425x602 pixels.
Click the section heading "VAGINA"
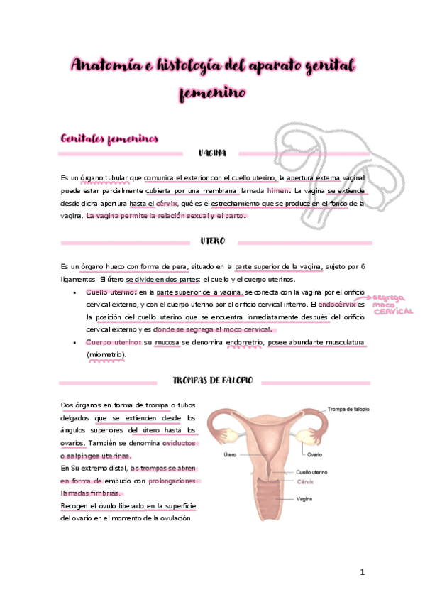click(212, 153)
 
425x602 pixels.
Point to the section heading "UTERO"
click(212, 241)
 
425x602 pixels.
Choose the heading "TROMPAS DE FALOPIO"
click(213, 381)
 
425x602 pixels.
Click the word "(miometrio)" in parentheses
click(106, 354)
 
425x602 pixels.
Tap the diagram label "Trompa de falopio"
click(349, 409)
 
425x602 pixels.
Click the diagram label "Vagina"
click(304, 498)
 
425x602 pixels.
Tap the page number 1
click(362, 572)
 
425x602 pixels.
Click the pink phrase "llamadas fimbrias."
click(92, 493)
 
